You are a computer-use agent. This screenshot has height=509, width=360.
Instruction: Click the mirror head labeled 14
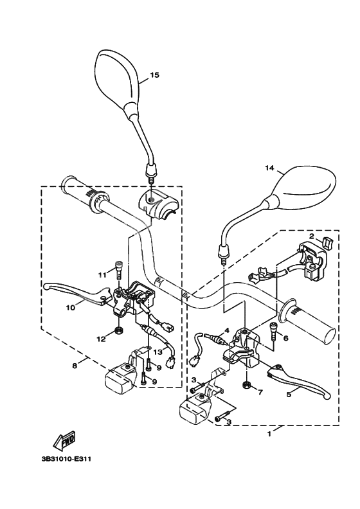click(x=301, y=186)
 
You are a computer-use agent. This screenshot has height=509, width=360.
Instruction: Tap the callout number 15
click(x=155, y=75)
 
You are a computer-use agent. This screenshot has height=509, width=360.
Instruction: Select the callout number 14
click(x=269, y=168)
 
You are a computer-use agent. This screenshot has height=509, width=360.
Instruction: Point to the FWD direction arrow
click(x=64, y=440)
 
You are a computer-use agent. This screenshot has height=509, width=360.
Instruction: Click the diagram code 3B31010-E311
click(x=66, y=460)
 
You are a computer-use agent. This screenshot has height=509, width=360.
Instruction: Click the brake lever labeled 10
click(x=78, y=292)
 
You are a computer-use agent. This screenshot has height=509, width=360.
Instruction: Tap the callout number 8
click(x=75, y=366)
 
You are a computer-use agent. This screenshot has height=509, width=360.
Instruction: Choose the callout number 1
click(x=269, y=434)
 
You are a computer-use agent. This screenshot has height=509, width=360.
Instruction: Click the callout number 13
click(x=157, y=352)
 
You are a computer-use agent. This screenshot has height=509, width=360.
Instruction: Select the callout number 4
click(x=227, y=331)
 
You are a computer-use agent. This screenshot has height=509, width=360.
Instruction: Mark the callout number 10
click(x=71, y=307)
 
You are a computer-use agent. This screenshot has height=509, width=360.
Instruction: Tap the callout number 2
click(x=311, y=236)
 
